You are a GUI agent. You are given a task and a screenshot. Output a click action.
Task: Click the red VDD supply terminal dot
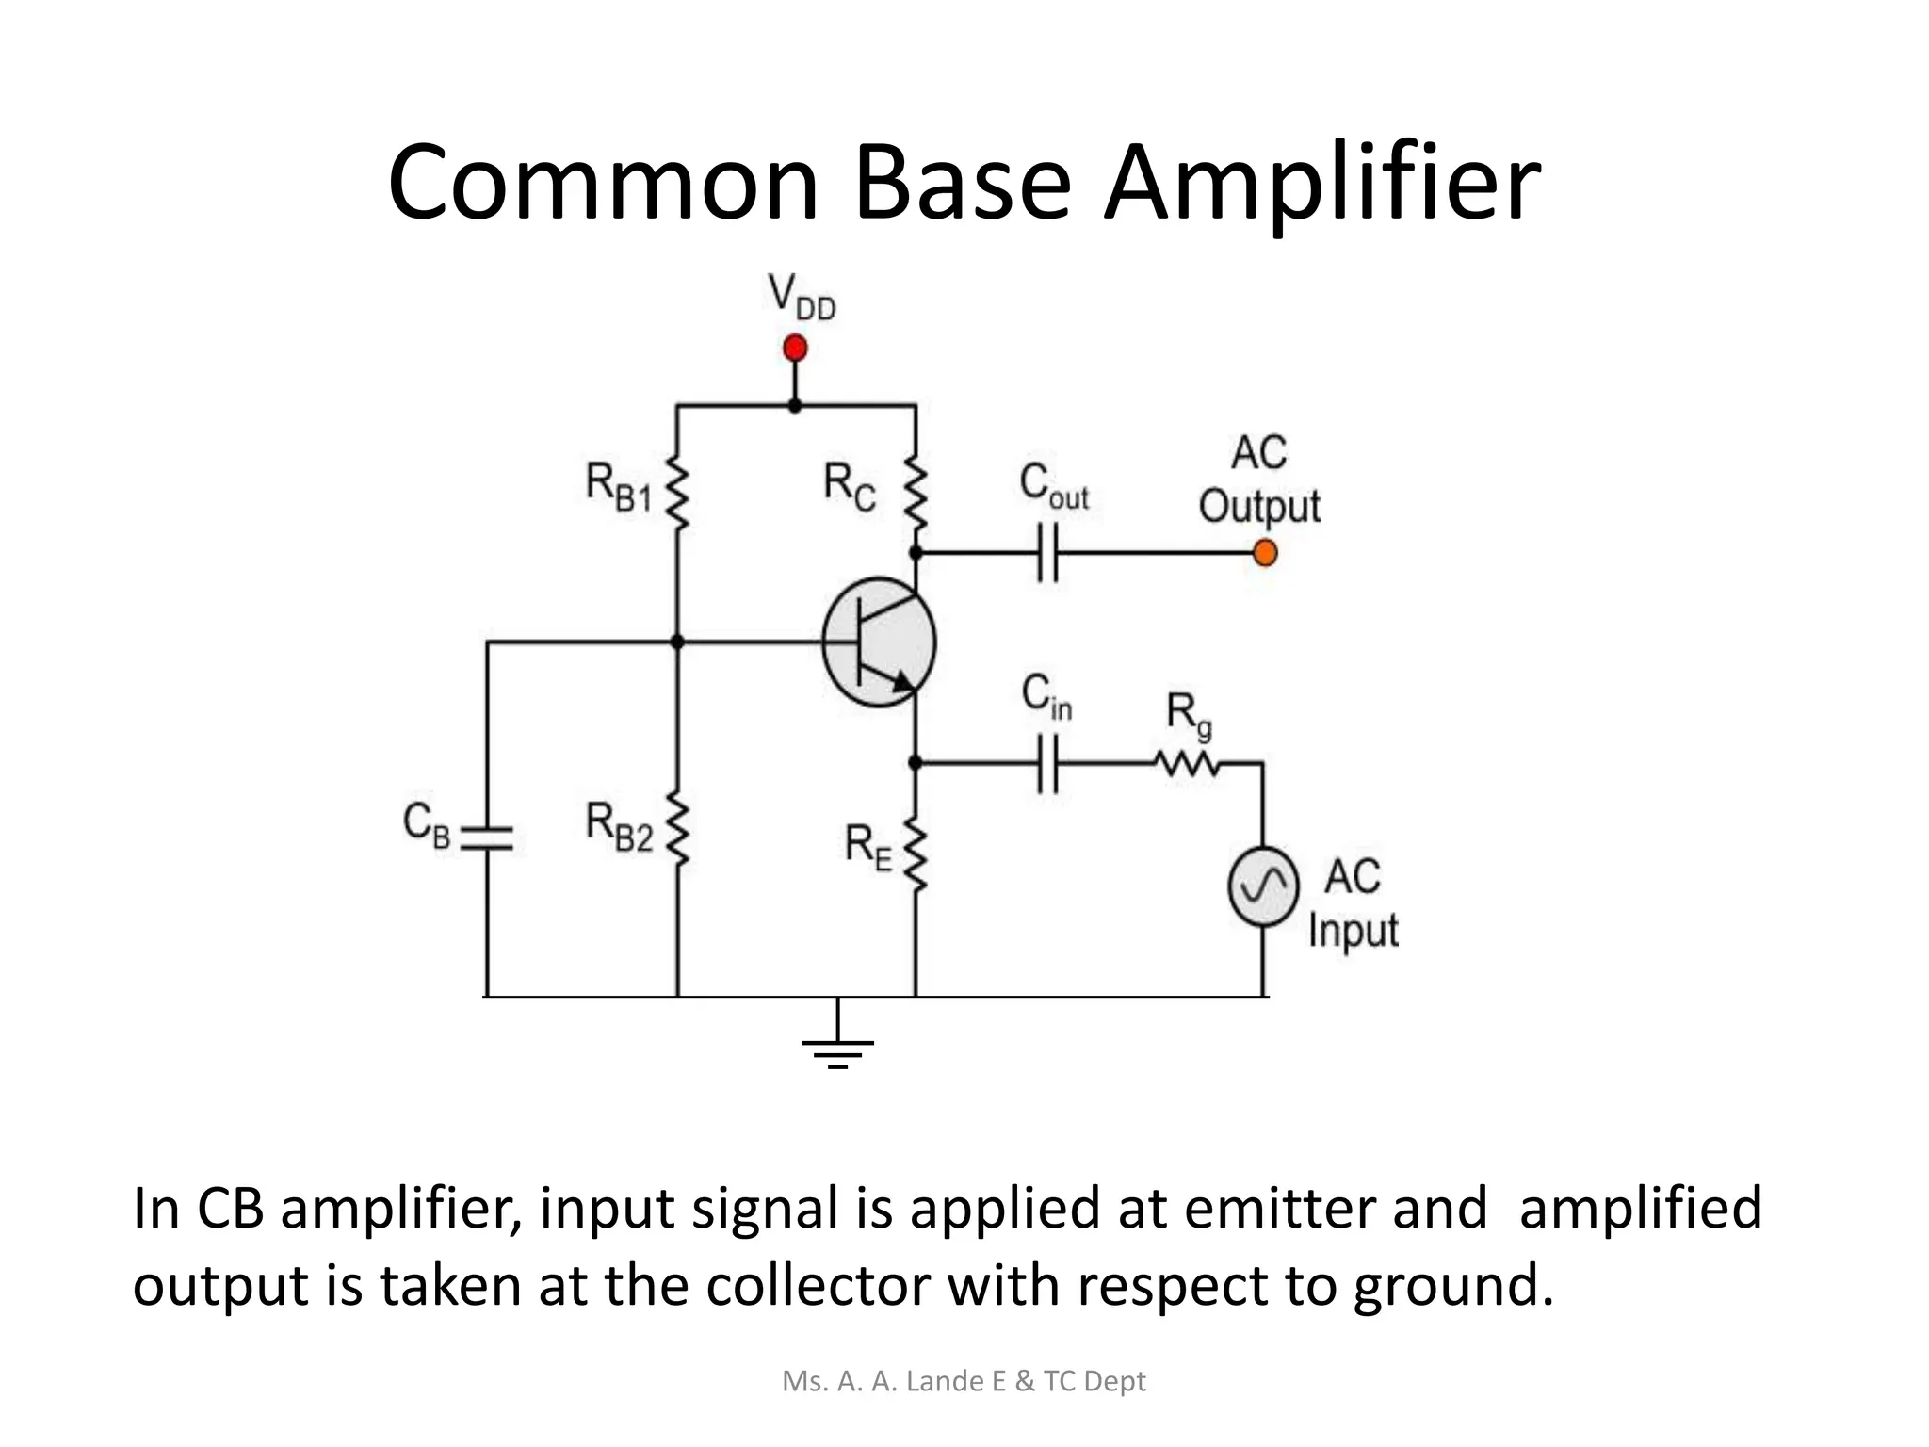[x=795, y=349]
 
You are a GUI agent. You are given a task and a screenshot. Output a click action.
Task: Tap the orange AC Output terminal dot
[x=1265, y=553]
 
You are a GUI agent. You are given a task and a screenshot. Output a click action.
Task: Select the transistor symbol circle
[x=879, y=642]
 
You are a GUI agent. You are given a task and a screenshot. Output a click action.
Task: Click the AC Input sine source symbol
[x=1263, y=886]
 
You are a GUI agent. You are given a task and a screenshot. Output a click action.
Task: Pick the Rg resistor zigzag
[x=1189, y=763]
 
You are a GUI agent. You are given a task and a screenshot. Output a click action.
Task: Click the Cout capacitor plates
[x=1047, y=553]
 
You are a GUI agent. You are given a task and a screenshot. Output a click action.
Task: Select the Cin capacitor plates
[x=1047, y=763]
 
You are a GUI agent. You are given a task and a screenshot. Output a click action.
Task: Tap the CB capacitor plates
[x=487, y=838]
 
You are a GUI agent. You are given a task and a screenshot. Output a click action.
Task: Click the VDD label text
[x=802, y=297]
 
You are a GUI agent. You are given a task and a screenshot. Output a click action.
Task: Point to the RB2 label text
[x=618, y=826]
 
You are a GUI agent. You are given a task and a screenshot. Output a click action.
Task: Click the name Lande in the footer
[x=946, y=1381]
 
